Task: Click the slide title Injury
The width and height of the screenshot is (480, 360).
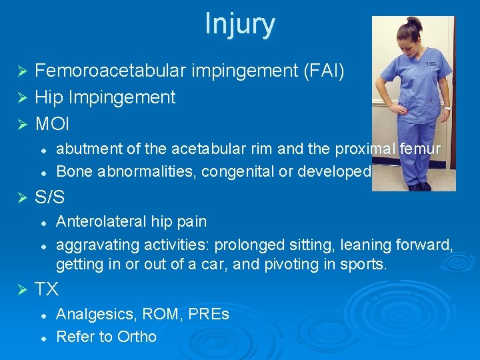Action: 239,23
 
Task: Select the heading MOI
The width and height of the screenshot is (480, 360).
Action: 52,124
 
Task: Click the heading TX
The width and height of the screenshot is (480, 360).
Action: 47,289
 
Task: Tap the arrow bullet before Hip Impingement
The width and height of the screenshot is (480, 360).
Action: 21,98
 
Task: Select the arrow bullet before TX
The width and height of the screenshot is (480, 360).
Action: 21,290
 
